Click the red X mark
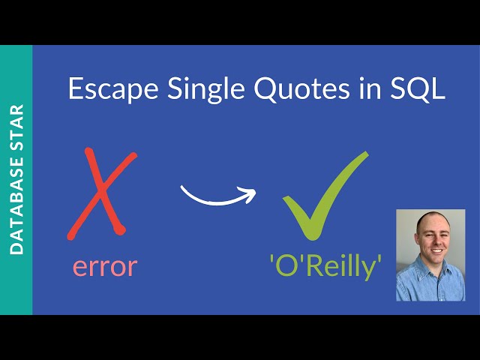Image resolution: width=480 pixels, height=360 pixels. point(101,193)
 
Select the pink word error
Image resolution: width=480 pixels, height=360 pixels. point(105,266)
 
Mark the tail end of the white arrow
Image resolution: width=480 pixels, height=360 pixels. point(183,187)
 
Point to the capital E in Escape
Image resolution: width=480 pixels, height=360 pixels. point(75,90)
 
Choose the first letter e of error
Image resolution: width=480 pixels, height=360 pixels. point(80,268)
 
